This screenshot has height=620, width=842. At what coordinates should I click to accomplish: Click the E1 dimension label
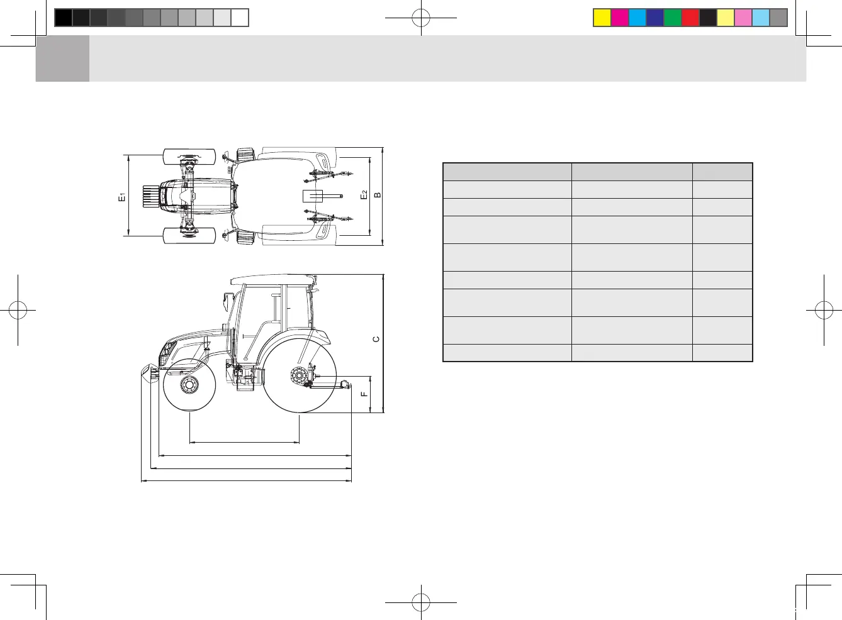(x=122, y=196)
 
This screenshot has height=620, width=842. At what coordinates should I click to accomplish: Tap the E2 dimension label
(x=364, y=195)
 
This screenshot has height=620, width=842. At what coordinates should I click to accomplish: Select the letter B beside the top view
(x=378, y=195)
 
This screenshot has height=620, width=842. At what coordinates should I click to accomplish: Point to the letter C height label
(x=376, y=339)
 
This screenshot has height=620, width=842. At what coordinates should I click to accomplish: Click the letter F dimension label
(x=364, y=394)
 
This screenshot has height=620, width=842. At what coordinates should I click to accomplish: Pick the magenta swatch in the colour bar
(x=620, y=18)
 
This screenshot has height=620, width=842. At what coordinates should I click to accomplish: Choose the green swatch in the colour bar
(x=673, y=18)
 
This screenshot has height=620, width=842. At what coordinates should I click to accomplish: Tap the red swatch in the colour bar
(x=690, y=18)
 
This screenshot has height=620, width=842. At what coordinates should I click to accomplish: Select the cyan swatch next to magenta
(x=637, y=18)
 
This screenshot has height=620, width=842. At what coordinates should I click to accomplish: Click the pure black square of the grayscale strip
(x=64, y=18)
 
